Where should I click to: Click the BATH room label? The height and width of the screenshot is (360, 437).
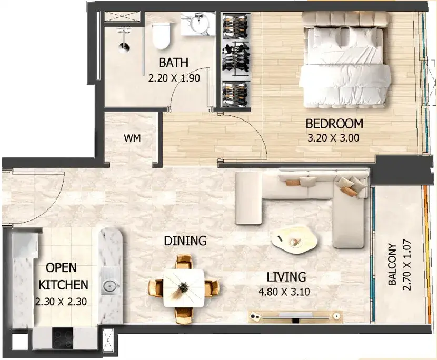(173, 63)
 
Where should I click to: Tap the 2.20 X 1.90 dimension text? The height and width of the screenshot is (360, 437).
(174, 78)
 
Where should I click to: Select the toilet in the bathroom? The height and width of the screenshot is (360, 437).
(161, 36)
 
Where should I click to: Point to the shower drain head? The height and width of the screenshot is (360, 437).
(123, 47)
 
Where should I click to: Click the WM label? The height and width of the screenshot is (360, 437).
(132, 138)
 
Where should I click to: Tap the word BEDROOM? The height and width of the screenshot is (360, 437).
(334, 124)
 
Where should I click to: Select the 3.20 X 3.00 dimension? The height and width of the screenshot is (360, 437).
(333, 138)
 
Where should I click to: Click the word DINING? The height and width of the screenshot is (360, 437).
(185, 241)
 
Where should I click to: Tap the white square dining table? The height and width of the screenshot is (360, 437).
(184, 288)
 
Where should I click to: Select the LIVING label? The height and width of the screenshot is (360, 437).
(286, 277)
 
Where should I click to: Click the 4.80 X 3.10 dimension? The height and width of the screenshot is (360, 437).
(284, 292)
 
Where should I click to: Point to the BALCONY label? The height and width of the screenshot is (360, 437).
(392, 264)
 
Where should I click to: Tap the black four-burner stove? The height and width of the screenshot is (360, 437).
(63, 338)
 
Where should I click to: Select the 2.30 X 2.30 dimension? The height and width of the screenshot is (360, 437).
(61, 302)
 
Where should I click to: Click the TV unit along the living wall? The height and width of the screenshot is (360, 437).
(295, 316)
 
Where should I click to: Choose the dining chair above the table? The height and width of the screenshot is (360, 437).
(184, 262)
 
